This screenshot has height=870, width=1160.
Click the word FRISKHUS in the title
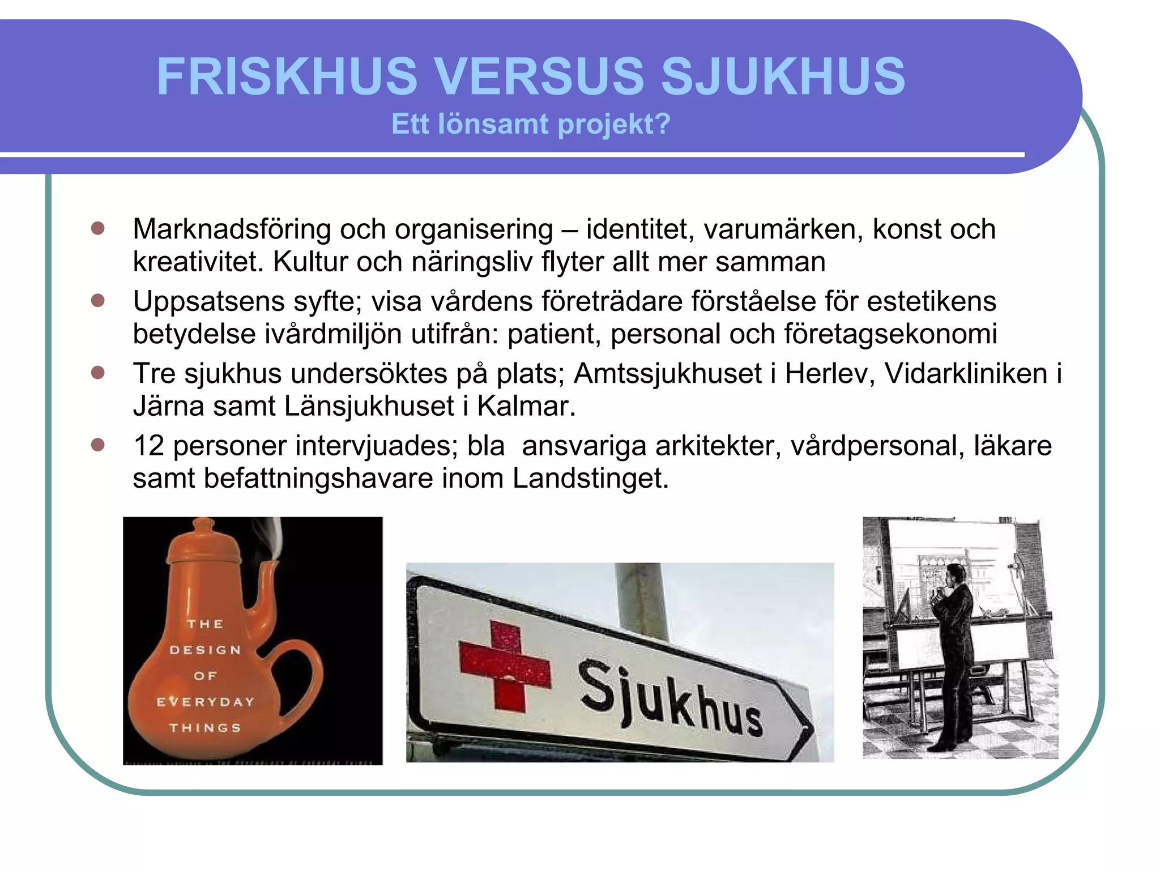tap(287, 76)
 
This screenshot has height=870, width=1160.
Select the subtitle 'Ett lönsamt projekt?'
tap(531, 124)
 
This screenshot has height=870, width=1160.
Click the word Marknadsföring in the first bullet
tap(232, 229)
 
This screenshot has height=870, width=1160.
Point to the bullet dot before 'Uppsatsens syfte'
tap(98, 300)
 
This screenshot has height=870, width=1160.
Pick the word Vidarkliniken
tap(966, 374)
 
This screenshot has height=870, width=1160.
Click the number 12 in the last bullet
tap(148, 446)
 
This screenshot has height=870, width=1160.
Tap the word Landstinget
tap(590, 479)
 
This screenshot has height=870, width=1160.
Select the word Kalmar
tap(526, 406)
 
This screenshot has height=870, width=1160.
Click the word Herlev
tap(830, 374)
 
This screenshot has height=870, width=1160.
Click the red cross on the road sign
tap(505, 666)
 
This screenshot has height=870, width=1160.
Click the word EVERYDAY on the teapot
tap(206, 702)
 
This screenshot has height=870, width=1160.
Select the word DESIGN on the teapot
tap(206, 650)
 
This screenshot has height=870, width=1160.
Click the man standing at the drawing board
tap(954, 651)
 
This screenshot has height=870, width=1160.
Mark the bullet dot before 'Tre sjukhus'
tap(98, 373)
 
